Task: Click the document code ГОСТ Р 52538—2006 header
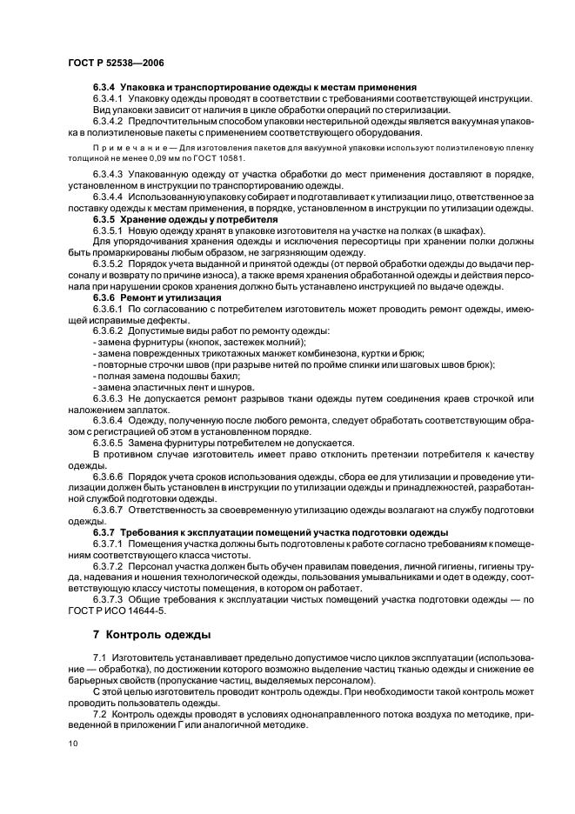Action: tap(116, 63)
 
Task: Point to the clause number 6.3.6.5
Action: tap(109, 443)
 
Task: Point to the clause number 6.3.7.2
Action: tap(109, 564)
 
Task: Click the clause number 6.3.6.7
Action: tap(109, 510)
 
